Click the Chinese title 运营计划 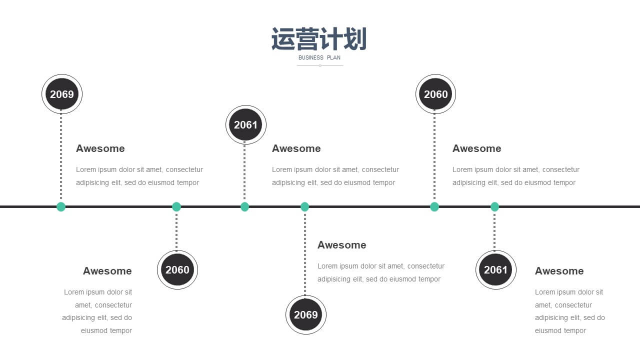tap(319, 39)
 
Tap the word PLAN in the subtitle tap(333, 57)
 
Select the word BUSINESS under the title tap(311, 57)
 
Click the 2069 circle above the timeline tap(62, 94)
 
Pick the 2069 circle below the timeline tap(305, 314)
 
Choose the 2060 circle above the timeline tap(435, 94)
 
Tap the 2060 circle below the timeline tap(177, 269)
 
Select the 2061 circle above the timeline tap(245, 125)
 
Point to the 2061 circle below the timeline tap(495, 269)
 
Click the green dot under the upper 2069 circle tap(61, 206)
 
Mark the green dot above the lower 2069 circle tap(305, 206)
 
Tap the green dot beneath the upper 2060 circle tap(434, 206)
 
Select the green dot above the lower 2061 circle tap(494, 206)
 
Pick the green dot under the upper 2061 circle tap(244, 206)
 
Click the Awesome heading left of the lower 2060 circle tap(107, 271)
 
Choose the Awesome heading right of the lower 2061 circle tap(559, 271)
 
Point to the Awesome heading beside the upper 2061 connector tap(296, 148)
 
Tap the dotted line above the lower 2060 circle tap(176, 231)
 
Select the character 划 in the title tap(355, 39)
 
